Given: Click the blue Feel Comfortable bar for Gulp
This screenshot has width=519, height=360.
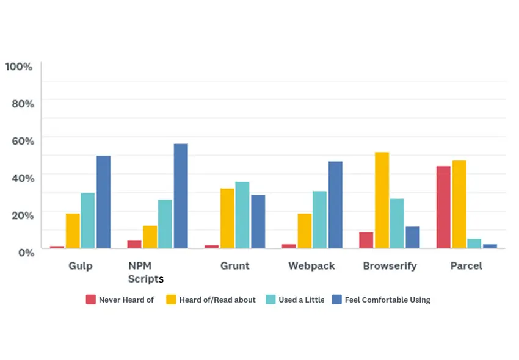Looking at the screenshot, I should point(103,202).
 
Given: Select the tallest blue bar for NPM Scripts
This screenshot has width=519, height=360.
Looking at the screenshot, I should point(181,196).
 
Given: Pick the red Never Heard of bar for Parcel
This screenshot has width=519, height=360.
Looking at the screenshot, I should point(443,207).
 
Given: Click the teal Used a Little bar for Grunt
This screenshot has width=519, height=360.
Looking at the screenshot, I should point(242,215).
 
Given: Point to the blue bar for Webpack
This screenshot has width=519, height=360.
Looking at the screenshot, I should point(335,204).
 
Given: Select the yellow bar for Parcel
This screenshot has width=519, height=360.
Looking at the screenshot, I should point(459,204).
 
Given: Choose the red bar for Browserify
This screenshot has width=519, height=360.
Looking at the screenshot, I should point(366,240).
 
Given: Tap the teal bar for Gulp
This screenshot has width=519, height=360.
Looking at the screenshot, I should point(88,220).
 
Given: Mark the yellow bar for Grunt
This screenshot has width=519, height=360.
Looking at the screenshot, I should point(227,218).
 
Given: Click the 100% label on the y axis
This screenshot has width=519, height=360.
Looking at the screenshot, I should point(19,66).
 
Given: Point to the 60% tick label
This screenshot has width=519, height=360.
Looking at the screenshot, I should point(23,140).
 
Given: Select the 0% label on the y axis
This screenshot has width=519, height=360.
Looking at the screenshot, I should point(26,252).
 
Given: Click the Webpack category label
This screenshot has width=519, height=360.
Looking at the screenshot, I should point(311,266).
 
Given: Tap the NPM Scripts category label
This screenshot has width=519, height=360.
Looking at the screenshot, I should point(145,272).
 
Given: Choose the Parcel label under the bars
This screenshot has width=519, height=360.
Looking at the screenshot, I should point(466,266).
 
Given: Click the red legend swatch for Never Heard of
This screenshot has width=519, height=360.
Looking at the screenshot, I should point(91,300).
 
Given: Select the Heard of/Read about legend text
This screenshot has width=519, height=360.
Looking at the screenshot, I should point(217,300).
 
